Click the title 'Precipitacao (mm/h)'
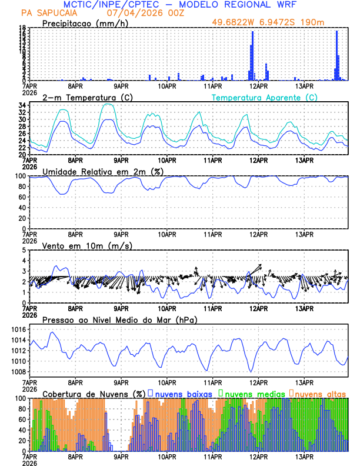click(x=84, y=24)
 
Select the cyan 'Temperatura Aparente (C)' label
click(x=264, y=97)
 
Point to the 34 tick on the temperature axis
click(x=21, y=105)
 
